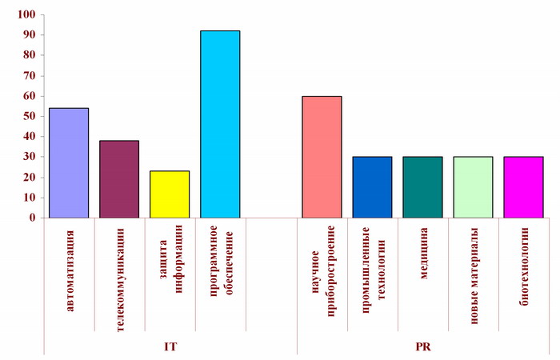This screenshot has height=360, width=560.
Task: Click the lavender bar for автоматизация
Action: pyautogui.click(x=69, y=162)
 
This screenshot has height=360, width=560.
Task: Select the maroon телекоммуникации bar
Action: pyautogui.click(x=119, y=178)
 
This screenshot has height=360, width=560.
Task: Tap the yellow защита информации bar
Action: pyautogui.click(x=170, y=194)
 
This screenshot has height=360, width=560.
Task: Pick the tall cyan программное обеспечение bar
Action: pyautogui.click(x=220, y=124)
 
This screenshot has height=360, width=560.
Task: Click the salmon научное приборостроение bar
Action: pyautogui.click(x=322, y=157)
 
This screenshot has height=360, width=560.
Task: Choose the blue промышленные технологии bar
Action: pyautogui.click(x=372, y=186)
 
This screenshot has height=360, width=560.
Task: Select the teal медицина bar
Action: pyautogui.click(x=422, y=186)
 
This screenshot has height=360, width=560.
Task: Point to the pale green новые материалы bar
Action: pyautogui.click(x=473, y=186)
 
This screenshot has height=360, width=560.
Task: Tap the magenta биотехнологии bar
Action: pyautogui.click(x=523, y=186)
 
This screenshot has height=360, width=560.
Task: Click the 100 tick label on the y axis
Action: pyautogui.click(x=25, y=15)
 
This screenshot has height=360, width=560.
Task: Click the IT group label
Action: pyautogui.click(x=170, y=346)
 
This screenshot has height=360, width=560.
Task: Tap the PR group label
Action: pyautogui.click(x=422, y=346)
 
